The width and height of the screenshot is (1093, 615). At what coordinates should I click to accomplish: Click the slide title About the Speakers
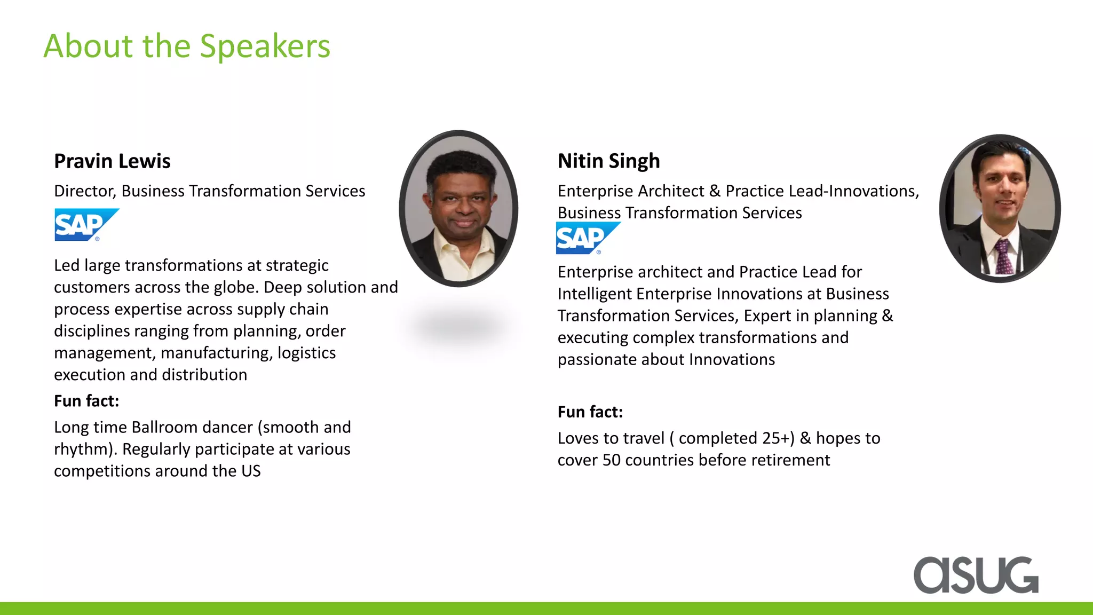187,46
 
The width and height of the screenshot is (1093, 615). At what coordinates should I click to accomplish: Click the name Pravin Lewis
112,161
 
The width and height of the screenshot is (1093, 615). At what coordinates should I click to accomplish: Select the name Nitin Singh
608,161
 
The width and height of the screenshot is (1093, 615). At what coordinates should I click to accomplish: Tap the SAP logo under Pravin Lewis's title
85,225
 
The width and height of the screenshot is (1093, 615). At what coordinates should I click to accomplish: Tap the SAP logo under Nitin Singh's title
587,238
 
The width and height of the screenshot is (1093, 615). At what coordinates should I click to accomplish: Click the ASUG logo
976,575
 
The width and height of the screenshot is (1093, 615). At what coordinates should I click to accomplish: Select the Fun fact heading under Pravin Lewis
86,401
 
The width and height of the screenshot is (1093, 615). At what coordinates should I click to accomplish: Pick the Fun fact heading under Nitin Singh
590,412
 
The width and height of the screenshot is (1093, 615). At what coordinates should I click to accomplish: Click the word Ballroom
165,427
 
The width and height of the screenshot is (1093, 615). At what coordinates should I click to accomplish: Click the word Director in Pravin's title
85,191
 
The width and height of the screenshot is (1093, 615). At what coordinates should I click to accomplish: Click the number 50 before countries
612,460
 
